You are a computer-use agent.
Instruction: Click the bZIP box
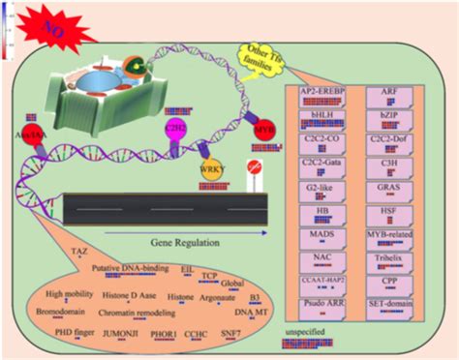pos(399,116)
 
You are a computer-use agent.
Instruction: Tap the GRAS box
pos(399,188)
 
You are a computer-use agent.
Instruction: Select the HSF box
pos(399,211)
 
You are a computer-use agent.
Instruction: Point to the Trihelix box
pos(399,258)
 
